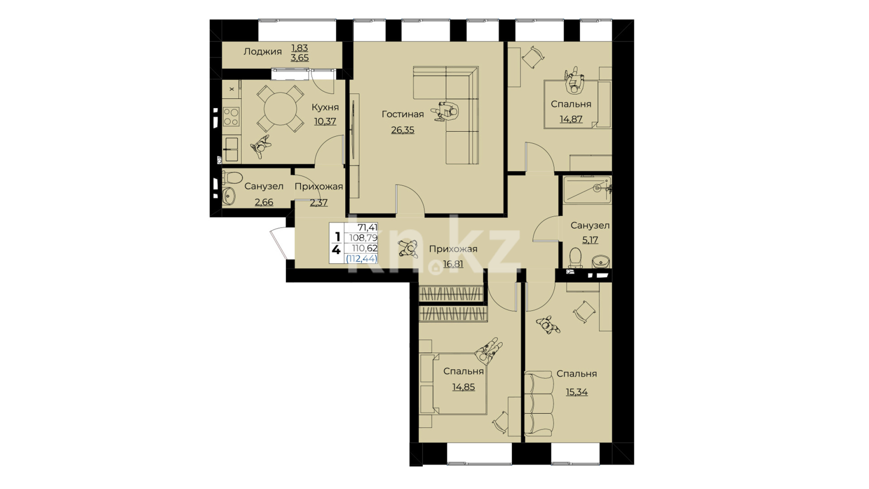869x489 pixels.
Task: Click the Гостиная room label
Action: (403, 114)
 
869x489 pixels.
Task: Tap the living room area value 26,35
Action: (403, 130)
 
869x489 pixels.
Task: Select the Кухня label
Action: (325, 107)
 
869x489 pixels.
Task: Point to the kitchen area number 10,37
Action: (325, 121)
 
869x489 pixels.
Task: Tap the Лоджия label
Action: (263, 52)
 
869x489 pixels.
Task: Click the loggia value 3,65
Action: (300, 58)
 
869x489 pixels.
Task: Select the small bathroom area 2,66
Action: (264, 202)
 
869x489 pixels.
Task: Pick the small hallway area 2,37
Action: (319, 202)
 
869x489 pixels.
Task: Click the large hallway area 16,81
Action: (453, 264)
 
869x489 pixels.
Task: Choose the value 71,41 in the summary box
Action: (367, 227)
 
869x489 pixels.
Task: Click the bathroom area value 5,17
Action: (590, 240)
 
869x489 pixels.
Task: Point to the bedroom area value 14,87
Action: (571, 119)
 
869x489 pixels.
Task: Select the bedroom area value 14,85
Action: (463, 387)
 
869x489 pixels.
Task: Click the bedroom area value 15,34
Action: (576, 392)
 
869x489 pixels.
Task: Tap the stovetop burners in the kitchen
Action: (231, 116)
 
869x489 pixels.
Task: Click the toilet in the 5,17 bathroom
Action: (575, 258)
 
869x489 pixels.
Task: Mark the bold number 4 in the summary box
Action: (336, 249)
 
